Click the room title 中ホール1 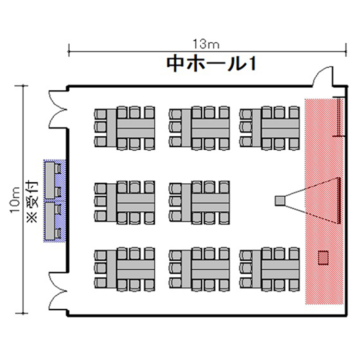211,64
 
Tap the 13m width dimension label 206,44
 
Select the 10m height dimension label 15,200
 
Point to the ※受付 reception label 32,202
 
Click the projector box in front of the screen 280,201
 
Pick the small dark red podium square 323,258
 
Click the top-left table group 125,128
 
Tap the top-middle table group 199,128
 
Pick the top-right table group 270,128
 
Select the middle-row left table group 125,203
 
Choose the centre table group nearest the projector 199,203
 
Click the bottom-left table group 125,270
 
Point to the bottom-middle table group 199,270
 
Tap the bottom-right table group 270,270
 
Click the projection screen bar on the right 338,201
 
